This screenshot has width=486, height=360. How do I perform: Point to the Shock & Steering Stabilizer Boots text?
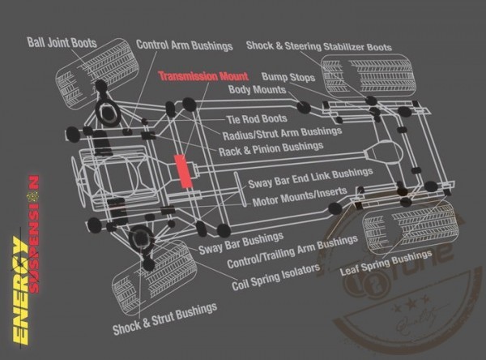318,48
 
